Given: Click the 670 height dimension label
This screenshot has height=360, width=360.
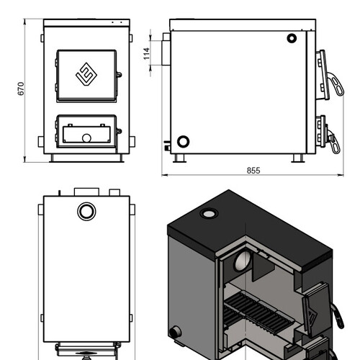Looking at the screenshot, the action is coord(21,89).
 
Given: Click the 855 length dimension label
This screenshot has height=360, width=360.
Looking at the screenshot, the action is coord(253,171).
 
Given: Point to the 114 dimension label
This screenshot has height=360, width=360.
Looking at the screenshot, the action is coord(146,53).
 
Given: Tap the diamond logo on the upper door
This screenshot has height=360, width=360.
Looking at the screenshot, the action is coord(86,74).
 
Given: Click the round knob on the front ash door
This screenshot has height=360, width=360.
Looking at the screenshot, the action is coord(86,138).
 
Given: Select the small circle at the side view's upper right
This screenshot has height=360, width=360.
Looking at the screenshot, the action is coord(292,38).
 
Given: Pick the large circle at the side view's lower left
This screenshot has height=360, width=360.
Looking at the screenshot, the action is coord(183,142).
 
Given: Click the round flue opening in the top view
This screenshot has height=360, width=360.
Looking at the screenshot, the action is coord(86,212).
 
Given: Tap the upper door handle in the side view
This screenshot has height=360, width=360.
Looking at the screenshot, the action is coord(336,84).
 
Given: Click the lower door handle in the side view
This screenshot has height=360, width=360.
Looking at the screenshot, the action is coord(335,142).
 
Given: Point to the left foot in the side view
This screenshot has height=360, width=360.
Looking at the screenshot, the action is coord(179,158).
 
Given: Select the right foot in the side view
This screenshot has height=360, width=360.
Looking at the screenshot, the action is coord(298,158).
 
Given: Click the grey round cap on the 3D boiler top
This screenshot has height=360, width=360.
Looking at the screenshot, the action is coord(209,213).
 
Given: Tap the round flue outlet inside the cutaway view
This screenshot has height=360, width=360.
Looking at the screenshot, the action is coord(243,260).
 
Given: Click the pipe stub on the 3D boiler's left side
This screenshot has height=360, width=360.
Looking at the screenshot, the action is coord(176,332).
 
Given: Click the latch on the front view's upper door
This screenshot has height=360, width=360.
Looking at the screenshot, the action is coord(119,75).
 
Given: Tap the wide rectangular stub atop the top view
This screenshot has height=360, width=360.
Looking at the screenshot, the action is coord(86,192).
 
